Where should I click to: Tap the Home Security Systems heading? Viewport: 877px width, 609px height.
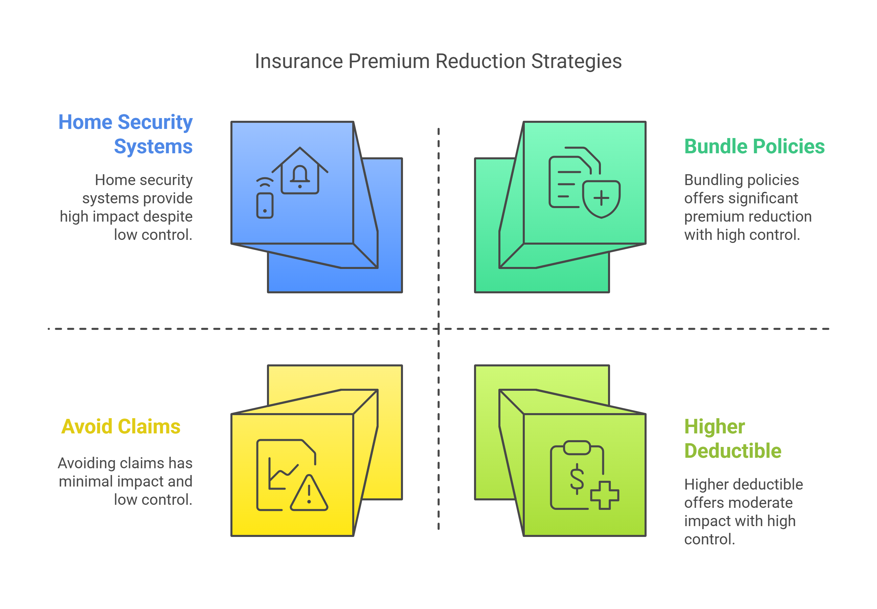(x=126, y=134)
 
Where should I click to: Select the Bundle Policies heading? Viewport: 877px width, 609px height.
(x=754, y=146)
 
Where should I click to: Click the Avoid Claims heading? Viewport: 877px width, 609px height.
(x=120, y=426)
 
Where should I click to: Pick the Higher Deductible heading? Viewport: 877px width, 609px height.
(x=733, y=438)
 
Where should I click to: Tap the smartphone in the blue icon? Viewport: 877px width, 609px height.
(x=265, y=206)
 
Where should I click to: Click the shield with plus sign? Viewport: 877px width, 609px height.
(x=601, y=198)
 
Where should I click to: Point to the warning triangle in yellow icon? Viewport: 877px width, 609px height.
(x=309, y=493)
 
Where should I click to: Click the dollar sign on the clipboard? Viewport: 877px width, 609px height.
(x=577, y=478)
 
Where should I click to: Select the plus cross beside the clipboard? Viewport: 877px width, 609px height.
(x=605, y=495)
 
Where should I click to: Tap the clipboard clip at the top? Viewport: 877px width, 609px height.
(x=577, y=448)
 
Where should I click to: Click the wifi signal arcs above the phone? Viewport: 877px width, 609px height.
(x=265, y=182)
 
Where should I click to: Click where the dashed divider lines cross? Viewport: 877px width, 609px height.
(x=438, y=329)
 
